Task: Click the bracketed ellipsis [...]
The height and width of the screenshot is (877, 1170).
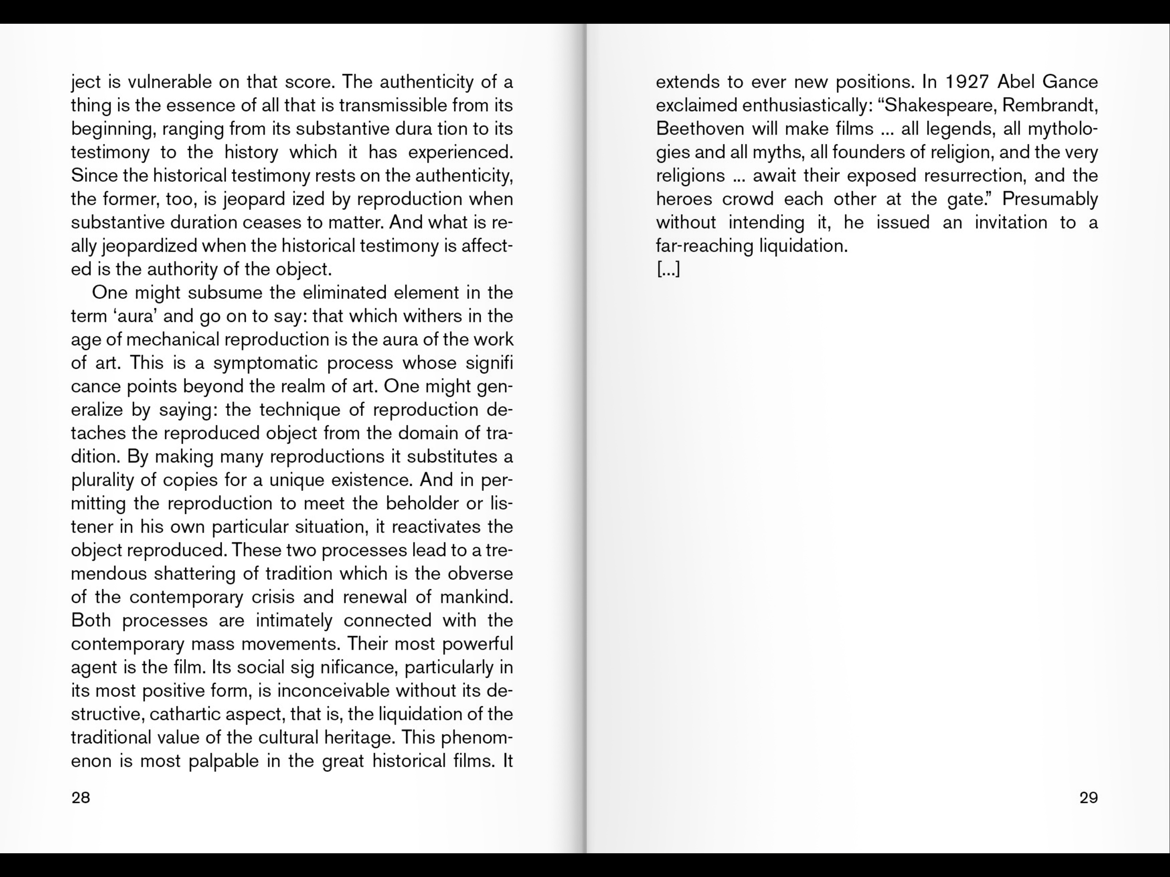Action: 668,269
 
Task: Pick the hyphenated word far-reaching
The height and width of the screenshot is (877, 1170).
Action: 702,246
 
